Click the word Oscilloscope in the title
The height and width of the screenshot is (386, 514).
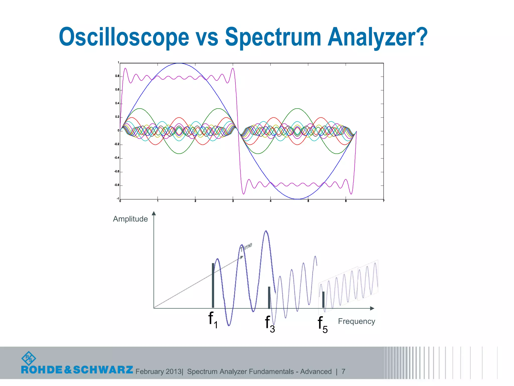124,37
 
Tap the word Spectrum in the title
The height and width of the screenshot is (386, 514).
273,37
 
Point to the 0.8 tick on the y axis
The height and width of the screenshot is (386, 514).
117,76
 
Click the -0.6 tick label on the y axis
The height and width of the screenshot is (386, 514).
117,172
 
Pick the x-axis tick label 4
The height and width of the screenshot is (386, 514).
271,201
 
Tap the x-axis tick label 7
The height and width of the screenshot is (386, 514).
383,201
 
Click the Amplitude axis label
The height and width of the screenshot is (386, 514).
130,219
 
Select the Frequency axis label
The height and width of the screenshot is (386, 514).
356,321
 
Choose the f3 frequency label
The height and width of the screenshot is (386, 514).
270,324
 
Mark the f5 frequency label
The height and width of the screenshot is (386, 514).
323,325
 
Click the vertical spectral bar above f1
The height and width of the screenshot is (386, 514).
213,285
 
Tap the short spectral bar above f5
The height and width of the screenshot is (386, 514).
323,299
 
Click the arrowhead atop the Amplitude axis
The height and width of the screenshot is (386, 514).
154,213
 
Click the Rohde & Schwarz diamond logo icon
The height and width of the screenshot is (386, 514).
29,358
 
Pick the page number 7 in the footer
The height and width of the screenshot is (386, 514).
343,371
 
